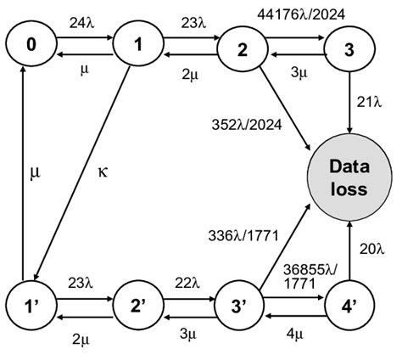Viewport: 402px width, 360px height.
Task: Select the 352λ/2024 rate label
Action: pyautogui.click(x=241, y=125)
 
